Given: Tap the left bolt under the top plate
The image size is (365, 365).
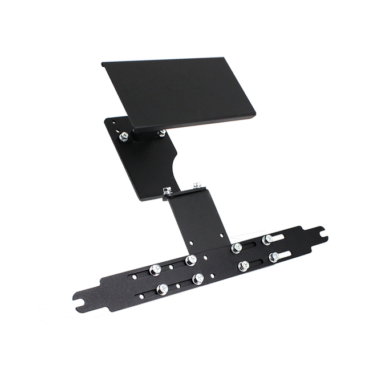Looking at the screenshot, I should click(x=124, y=136).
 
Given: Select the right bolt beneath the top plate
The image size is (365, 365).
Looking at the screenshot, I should click(x=162, y=133).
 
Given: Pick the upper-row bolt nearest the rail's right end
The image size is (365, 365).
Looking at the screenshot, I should click(x=267, y=240).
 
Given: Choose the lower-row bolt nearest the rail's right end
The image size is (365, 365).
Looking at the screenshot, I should click(x=274, y=257).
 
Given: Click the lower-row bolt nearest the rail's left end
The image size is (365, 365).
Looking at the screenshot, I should click(x=162, y=289).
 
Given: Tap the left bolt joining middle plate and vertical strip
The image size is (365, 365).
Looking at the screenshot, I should click(x=167, y=191).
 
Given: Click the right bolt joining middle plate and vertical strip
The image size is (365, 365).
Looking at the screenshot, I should click(x=197, y=186).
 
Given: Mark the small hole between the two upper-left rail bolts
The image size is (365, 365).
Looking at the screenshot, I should click(x=171, y=266).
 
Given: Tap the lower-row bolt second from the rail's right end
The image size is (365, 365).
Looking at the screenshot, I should click(x=244, y=265).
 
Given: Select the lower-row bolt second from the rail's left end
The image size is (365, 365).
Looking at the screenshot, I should click(x=198, y=279).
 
